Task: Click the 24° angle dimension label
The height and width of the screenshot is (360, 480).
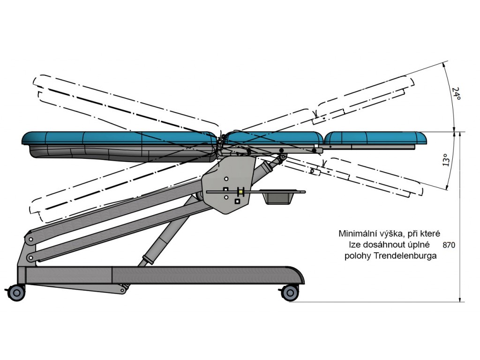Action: point(457,93)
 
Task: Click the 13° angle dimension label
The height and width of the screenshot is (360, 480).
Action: point(447,160)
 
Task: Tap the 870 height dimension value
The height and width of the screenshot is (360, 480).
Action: point(449,245)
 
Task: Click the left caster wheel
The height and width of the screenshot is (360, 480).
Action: point(16,292)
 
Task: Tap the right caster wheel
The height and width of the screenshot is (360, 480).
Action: point(290,292)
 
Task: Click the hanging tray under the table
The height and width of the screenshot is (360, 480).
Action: point(278,196)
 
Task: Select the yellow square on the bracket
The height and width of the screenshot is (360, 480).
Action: point(242,192)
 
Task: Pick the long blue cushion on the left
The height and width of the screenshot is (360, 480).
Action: point(120,138)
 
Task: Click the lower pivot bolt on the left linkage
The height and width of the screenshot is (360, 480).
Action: point(30,258)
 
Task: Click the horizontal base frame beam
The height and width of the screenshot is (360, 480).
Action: point(161,275)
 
